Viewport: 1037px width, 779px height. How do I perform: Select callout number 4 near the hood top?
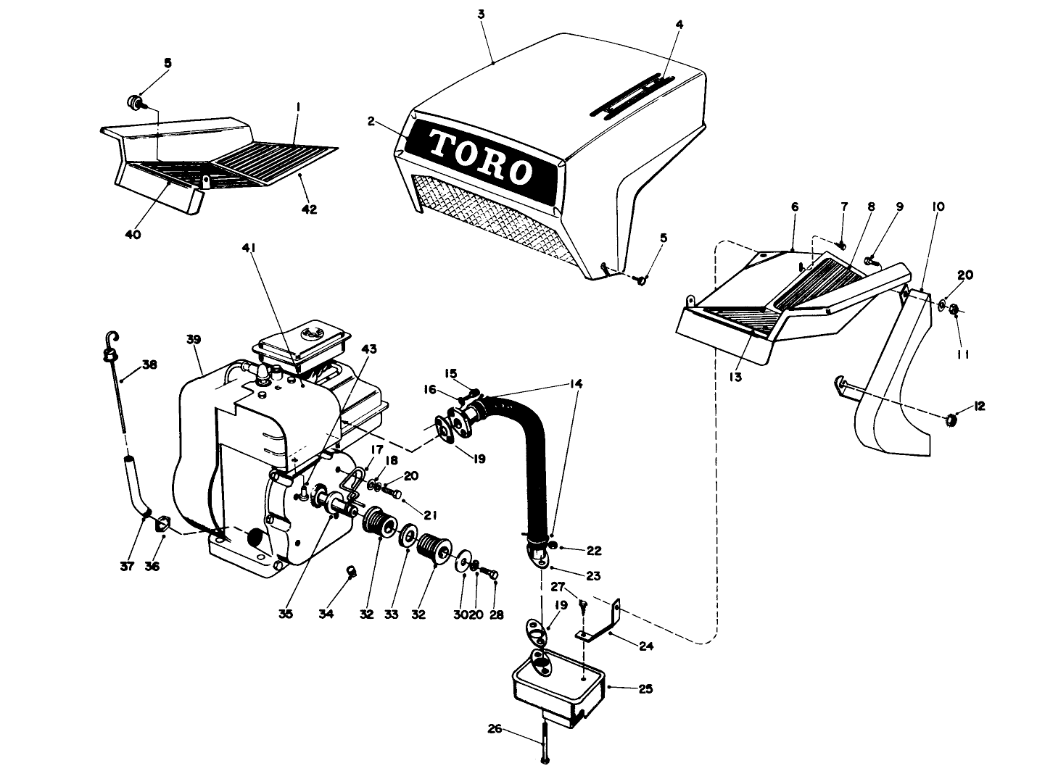[679, 24]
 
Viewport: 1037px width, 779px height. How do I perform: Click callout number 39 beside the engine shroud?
[193, 339]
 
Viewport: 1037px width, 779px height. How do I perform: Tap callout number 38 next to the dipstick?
[149, 365]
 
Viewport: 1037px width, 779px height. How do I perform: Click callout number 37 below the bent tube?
[128, 566]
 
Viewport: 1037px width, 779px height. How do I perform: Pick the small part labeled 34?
[351, 572]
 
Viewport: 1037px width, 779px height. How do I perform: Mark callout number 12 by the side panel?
[980, 407]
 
